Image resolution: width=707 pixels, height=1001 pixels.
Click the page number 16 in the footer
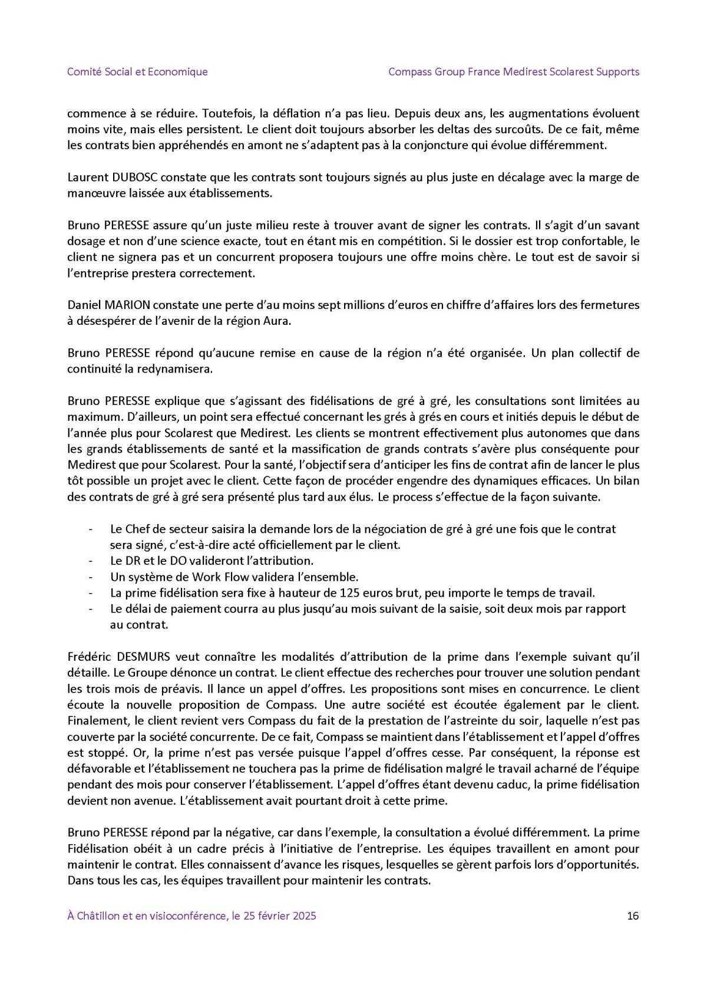pos(633,916)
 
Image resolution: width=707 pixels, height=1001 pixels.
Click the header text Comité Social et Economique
pos(137,72)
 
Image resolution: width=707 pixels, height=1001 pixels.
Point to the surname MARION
pos(125,305)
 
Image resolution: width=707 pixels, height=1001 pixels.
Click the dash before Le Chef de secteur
pos(91,529)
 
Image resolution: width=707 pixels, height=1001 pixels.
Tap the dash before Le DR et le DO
pos(91,561)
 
